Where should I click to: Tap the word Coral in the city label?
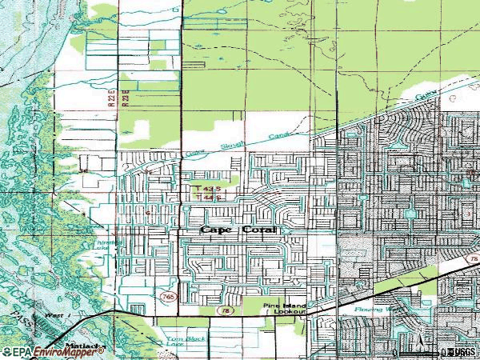[258, 230]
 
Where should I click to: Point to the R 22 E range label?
[114, 98]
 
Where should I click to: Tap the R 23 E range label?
[126, 98]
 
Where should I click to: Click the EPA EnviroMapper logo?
[53, 351]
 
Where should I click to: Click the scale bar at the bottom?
[416, 352]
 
